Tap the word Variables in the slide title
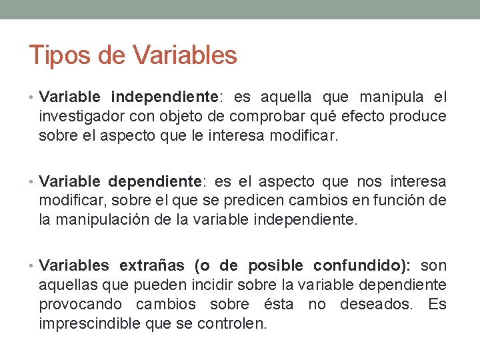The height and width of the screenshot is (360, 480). [x=185, y=55]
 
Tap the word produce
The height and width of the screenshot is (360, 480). [x=423, y=117]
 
